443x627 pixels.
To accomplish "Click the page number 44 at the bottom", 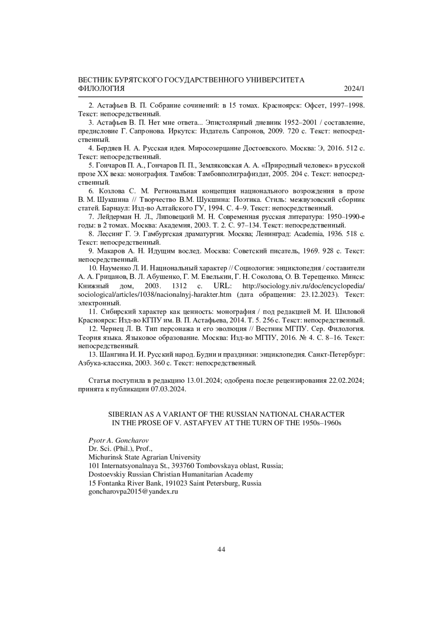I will click(221, 549).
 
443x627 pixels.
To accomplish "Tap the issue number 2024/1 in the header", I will click(354, 89).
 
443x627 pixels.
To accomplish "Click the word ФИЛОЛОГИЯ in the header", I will click(102, 89).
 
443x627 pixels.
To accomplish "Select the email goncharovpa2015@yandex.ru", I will click(133, 492).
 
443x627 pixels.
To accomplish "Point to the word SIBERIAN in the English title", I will click(123, 415).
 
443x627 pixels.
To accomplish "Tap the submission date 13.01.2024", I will click(203, 381).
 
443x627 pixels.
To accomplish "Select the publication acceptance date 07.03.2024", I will click(168, 389).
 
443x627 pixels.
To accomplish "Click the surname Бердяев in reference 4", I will click(109, 149).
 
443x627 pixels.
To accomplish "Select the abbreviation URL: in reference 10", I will click(222, 286).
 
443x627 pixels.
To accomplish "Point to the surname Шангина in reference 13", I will click(113, 355).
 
